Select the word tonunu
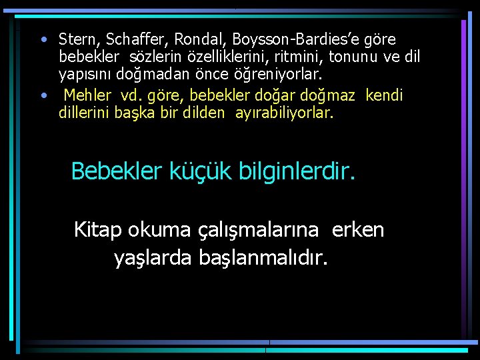[344, 57]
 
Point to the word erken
[358, 230]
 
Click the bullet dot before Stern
[43, 38]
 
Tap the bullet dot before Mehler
[43, 94]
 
